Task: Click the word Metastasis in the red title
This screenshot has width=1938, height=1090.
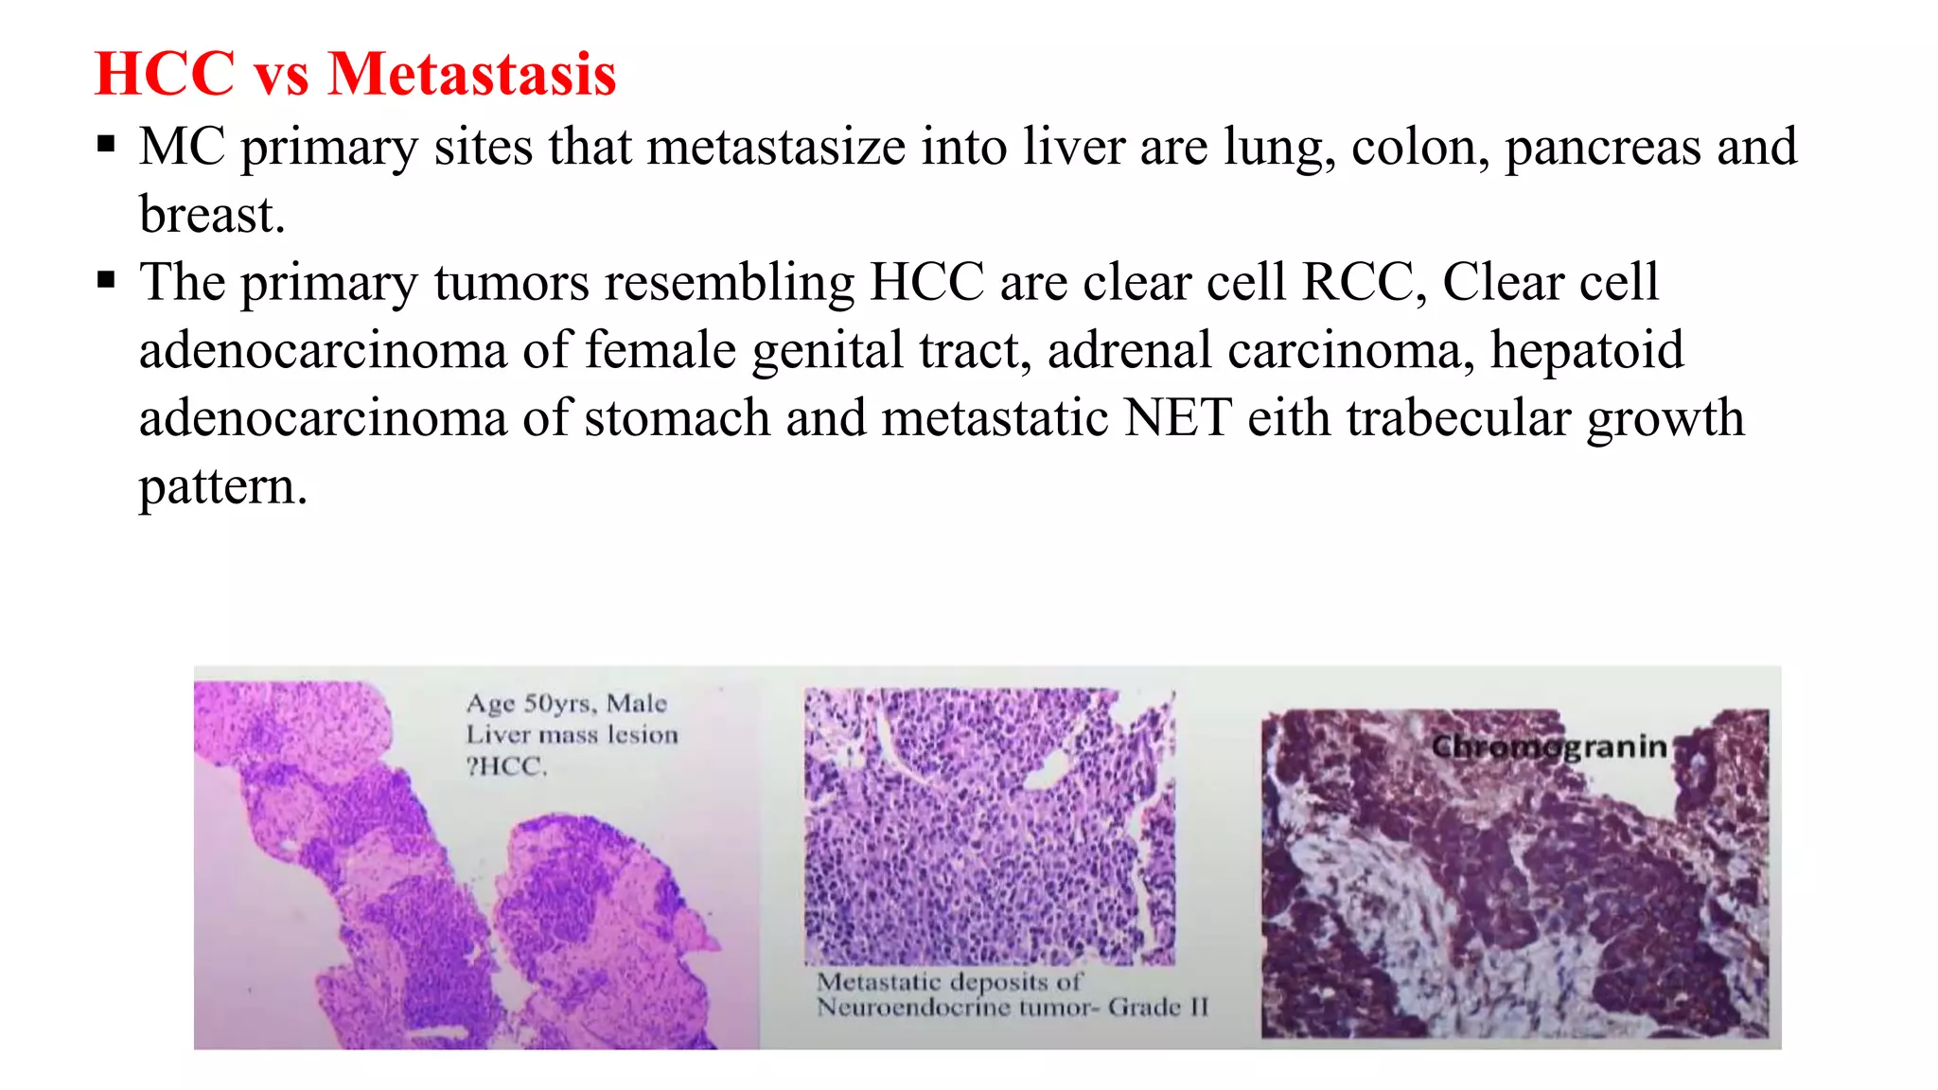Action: [471, 74]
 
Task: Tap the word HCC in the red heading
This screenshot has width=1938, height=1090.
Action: [165, 74]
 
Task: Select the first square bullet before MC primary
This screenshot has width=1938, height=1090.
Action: [106, 146]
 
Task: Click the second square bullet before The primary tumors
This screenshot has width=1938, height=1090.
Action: [106, 281]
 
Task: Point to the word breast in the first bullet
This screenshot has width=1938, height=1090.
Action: [211, 214]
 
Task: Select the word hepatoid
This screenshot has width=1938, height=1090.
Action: [1587, 350]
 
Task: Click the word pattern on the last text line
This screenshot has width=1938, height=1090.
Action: [222, 486]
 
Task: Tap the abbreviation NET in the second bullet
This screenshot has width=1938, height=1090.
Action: [1177, 417]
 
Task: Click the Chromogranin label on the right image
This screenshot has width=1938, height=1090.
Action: [1548, 747]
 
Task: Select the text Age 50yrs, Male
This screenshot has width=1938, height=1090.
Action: [566, 703]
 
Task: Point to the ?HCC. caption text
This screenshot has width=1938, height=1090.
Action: [506, 766]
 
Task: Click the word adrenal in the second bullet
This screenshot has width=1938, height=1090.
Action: [1129, 350]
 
